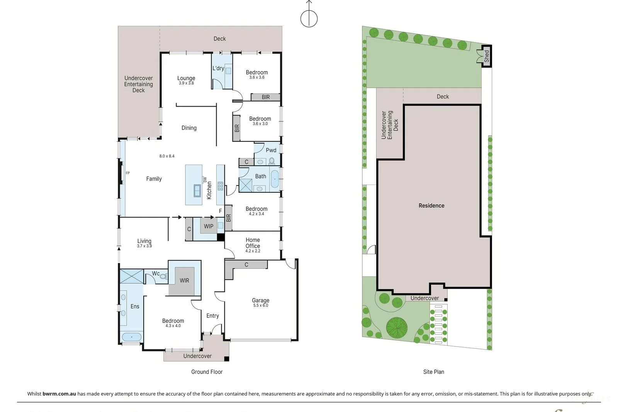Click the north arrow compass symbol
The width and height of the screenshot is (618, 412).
[309, 17]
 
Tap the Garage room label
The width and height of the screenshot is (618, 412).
[260, 300]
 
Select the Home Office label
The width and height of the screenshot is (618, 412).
[253, 243]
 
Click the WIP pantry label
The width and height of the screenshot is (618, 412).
[209, 226]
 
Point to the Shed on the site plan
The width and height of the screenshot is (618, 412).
[486, 56]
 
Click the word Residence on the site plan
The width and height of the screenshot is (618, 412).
[431, 206]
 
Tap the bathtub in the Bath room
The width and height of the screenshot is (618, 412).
[275, 179]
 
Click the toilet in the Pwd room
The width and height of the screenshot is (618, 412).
[272, 161]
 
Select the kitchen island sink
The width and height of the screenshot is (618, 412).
[197, 190]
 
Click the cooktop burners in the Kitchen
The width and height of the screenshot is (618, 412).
[220, 186]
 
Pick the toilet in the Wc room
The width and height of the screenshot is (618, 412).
[163, 276]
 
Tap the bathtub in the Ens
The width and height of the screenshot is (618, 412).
[132, 337]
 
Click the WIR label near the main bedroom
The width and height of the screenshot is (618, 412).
[184, 281]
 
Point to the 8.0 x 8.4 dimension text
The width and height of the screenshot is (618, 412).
[167, 156]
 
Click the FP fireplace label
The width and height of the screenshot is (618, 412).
[128, 173]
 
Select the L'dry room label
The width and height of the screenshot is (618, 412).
[218, 68]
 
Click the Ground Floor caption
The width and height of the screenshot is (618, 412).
[207, 372]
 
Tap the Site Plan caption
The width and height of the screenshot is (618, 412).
[433, 372]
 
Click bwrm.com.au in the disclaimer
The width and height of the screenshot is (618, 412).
[59, 394]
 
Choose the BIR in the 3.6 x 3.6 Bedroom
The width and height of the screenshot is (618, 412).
[266, 97]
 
